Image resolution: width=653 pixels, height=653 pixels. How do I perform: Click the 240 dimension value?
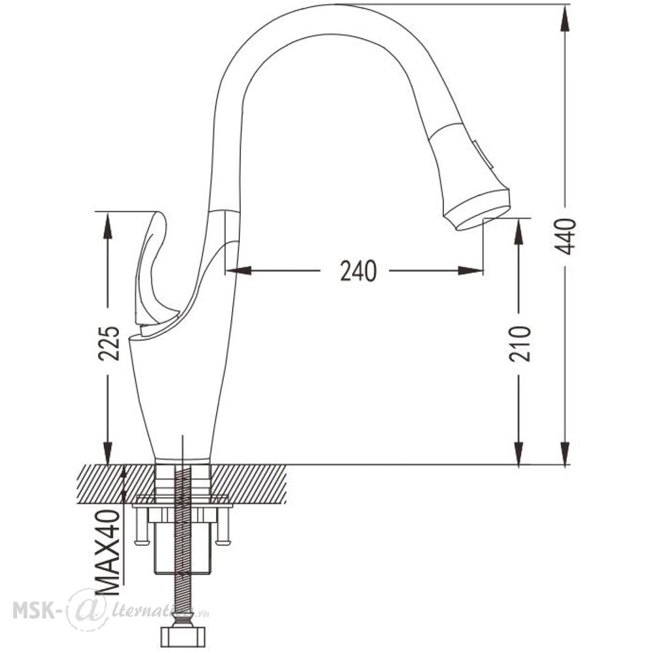(x=358, y=271)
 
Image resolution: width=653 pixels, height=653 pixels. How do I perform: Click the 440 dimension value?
(x=566, y=236)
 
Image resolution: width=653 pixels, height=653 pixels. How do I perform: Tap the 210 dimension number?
(x=520, y=343)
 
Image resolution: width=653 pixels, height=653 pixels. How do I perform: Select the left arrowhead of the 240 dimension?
(x=238, y=271)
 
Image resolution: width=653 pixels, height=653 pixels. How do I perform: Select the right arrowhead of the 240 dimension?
(x=470, y=271)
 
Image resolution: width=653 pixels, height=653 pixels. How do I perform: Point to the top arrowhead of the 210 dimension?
(x=519, y=231)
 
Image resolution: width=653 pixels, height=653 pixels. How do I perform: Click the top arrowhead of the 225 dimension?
(x=108, y=225)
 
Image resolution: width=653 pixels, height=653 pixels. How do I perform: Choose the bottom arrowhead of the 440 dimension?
(x=565, y=453)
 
